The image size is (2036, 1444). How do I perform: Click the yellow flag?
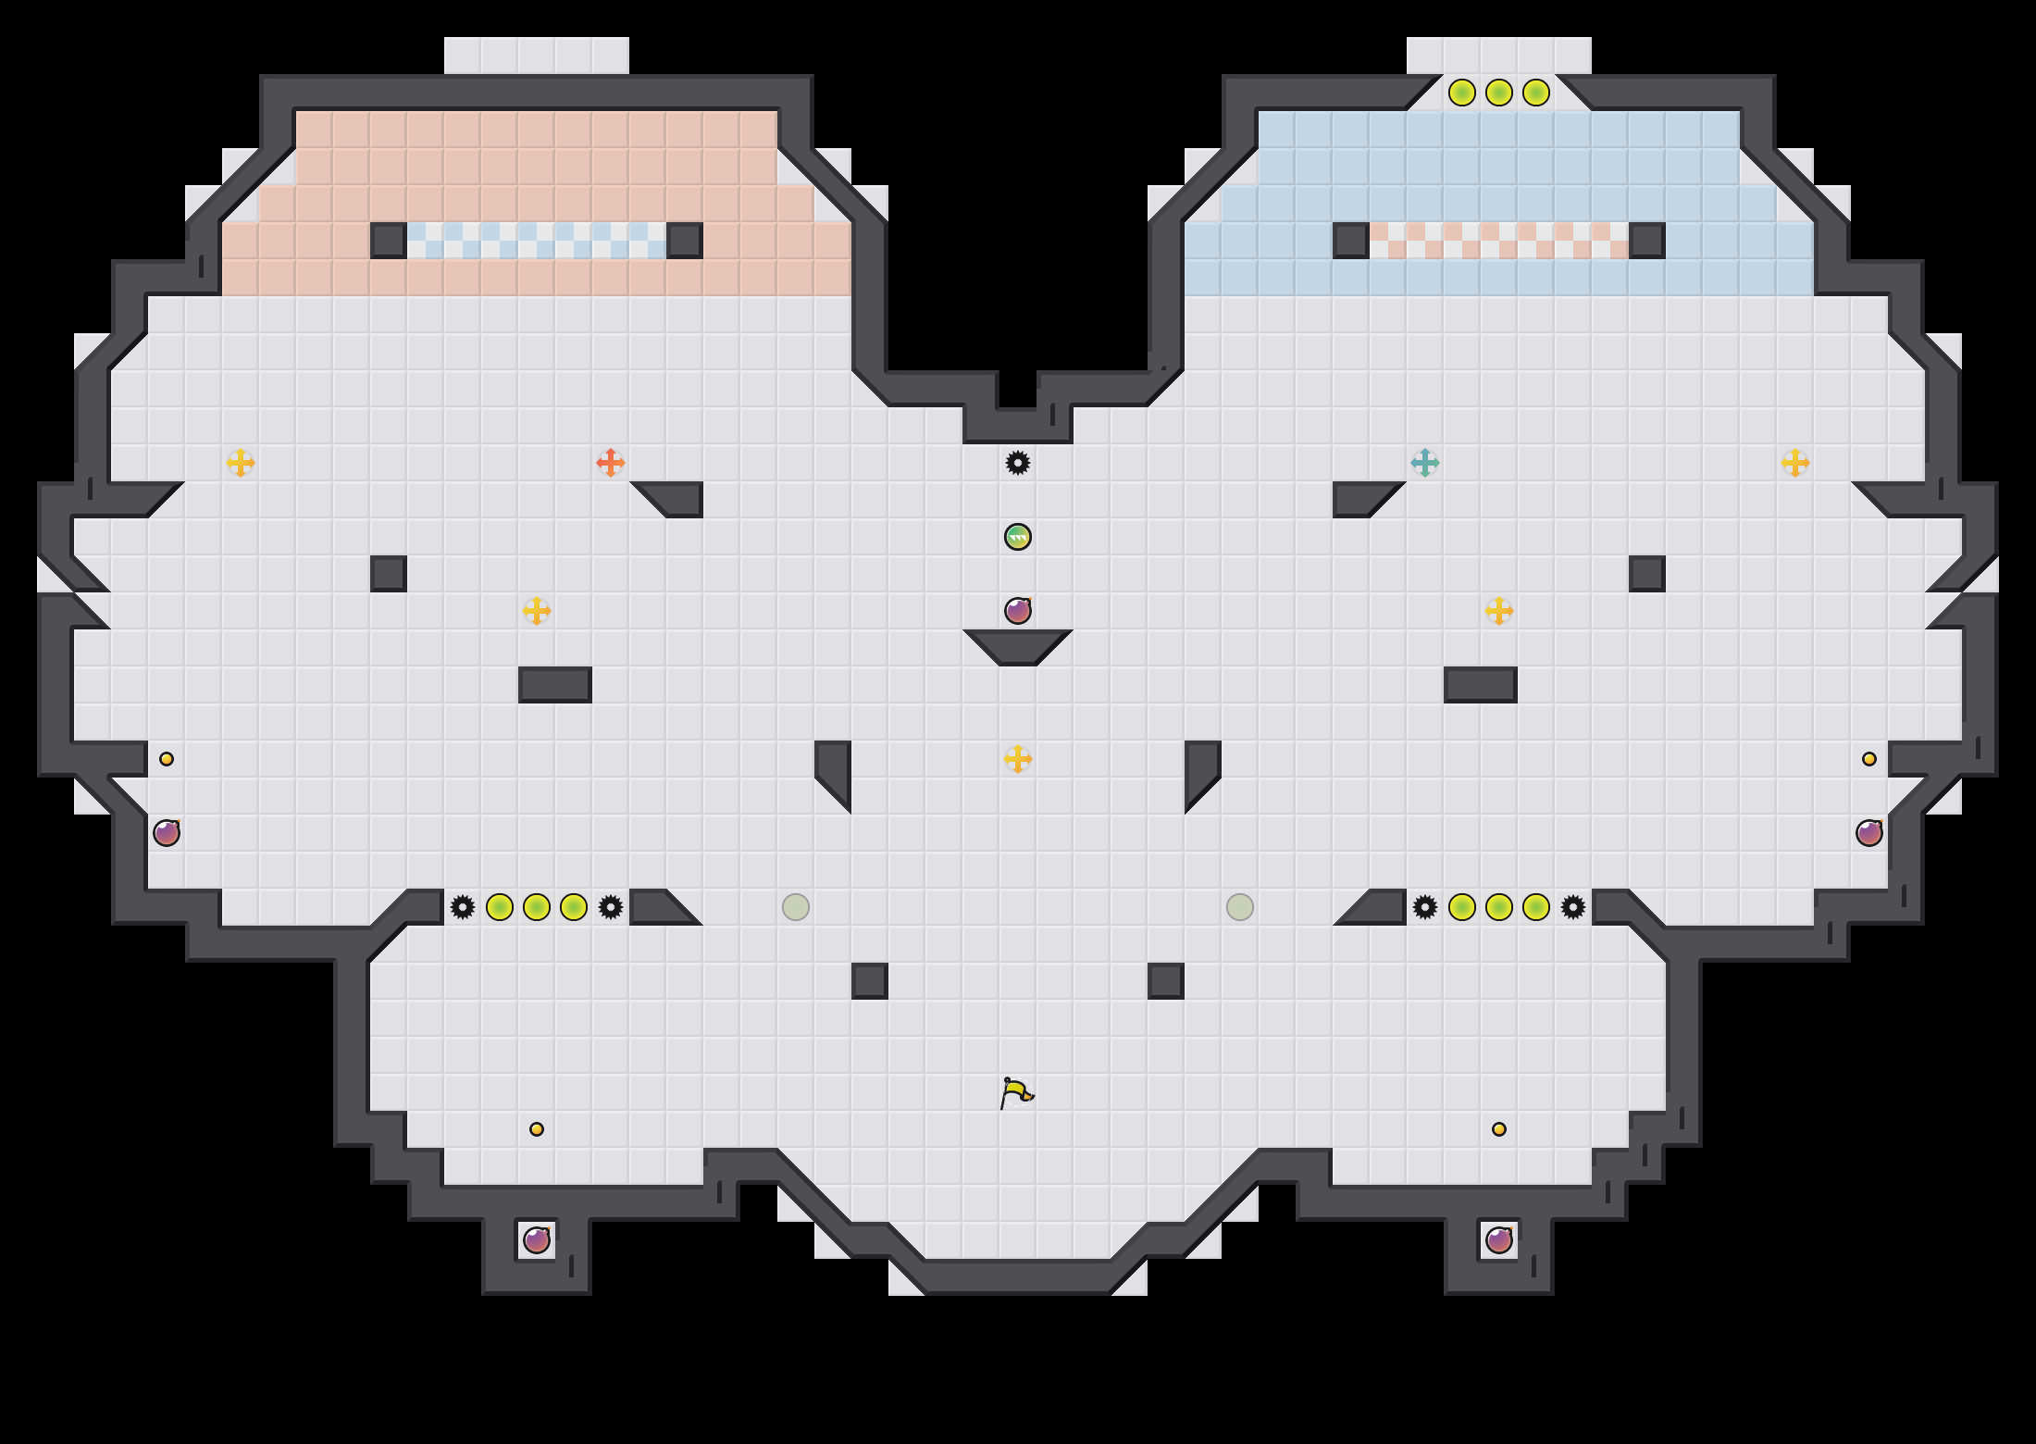coord(1016,1093)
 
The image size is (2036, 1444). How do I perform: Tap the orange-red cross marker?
coord(611,462)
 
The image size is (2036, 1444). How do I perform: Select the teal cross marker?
coord(1425,462)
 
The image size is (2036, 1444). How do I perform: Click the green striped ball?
coord(1018,537)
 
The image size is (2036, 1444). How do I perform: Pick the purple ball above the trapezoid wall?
coord(1018,611)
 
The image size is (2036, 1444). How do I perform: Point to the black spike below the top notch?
coord(1018,463)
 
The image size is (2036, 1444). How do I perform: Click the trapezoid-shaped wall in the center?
coord(1018,646)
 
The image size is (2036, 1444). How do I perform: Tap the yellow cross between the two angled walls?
coord(1018,759)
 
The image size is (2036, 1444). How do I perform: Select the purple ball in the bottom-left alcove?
coord(537,1240)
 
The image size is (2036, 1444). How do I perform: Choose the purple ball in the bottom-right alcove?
coord(1499,1240)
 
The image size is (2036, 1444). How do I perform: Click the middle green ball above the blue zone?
coord(1499,93)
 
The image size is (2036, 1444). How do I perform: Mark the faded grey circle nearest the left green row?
coord(796,907)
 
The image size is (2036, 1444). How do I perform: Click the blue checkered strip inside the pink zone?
coord(537,241)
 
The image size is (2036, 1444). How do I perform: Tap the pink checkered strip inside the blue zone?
coord(1499,241)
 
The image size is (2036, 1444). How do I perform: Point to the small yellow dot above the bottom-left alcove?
coord(537,1129)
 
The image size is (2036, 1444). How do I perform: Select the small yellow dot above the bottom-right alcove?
coord(1499,1129)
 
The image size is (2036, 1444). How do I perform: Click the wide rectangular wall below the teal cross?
coord(1481,685)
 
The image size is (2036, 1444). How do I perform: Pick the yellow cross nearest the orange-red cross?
coord(537,611)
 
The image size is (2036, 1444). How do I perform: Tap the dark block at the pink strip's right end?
coord(1647,241)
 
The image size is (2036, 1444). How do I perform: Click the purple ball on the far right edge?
coord(1869,833)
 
